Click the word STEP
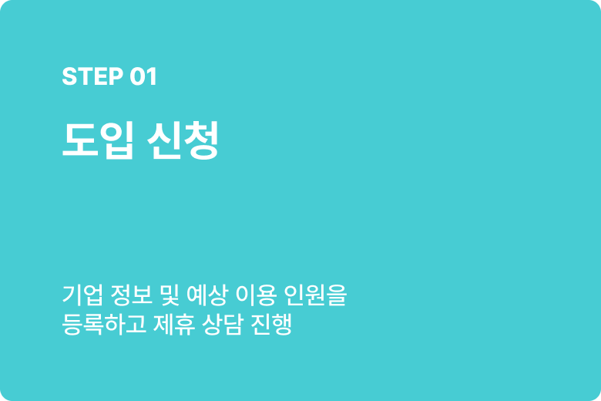tap(92, 76)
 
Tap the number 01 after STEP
tap(143, 76)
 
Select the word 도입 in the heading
tap(98, 140)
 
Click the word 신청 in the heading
tap(183, 140)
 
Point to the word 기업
tap(82, 295)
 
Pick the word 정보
tap(131, 295)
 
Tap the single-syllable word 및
tap(170, 295)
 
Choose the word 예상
tap(207, 295)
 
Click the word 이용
tap(256, 295)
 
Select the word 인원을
tap(315, 295)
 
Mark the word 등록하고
tap(103, 324)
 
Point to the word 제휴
tap(173, 324)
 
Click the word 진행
tap(271, 324)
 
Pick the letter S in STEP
tap(69, 76)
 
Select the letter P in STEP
tap(116, 76)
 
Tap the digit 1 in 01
tap(152, 76)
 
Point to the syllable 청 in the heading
tap(200, 140)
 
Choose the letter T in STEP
tap(85, 76)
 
